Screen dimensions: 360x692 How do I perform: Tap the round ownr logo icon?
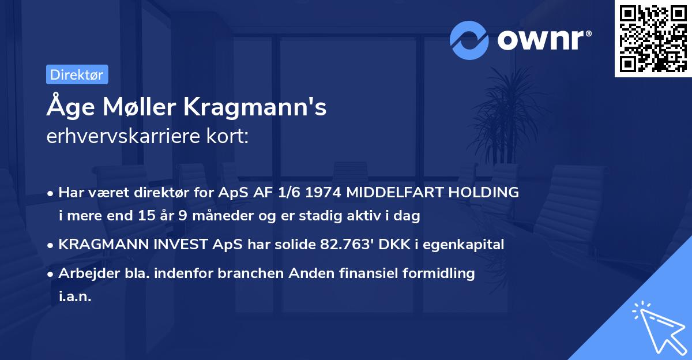(x=469, y=40)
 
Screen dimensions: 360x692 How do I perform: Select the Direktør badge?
(x=77, y=74)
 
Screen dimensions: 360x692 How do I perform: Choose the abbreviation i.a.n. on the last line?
(x=75, y=297)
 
